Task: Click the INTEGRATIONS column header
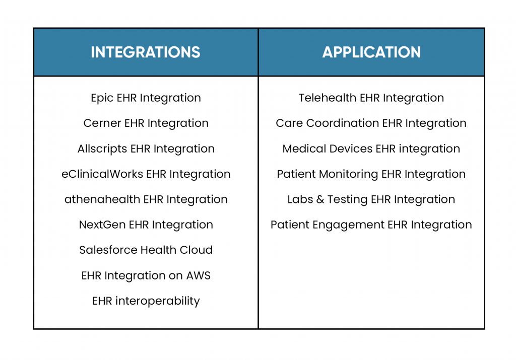[x=146, y=52]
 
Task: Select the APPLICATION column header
[x=371, y=52]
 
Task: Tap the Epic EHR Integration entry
[x=146, y=98]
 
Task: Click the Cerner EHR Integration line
[x=146, y=123]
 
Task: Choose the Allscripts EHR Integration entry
[x=146, y=149]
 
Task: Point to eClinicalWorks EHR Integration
[x=146, y=174]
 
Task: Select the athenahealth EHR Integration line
[x=146, y=199]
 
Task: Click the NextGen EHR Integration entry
[x=146, y=225]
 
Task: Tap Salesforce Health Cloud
[x=146, y=250]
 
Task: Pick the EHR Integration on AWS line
[x=146, y=275]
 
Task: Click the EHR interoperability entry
[x=146, y=301]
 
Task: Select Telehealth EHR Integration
[x=371, y=98]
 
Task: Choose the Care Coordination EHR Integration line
[x=371, y=123]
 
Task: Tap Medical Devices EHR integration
[x=371, y=149]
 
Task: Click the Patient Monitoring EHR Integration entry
[x=371, y=174]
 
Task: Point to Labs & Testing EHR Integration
[x=371, y=199]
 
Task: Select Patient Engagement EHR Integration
[x=371, y=225]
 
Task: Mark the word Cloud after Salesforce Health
[x=196, y=250]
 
